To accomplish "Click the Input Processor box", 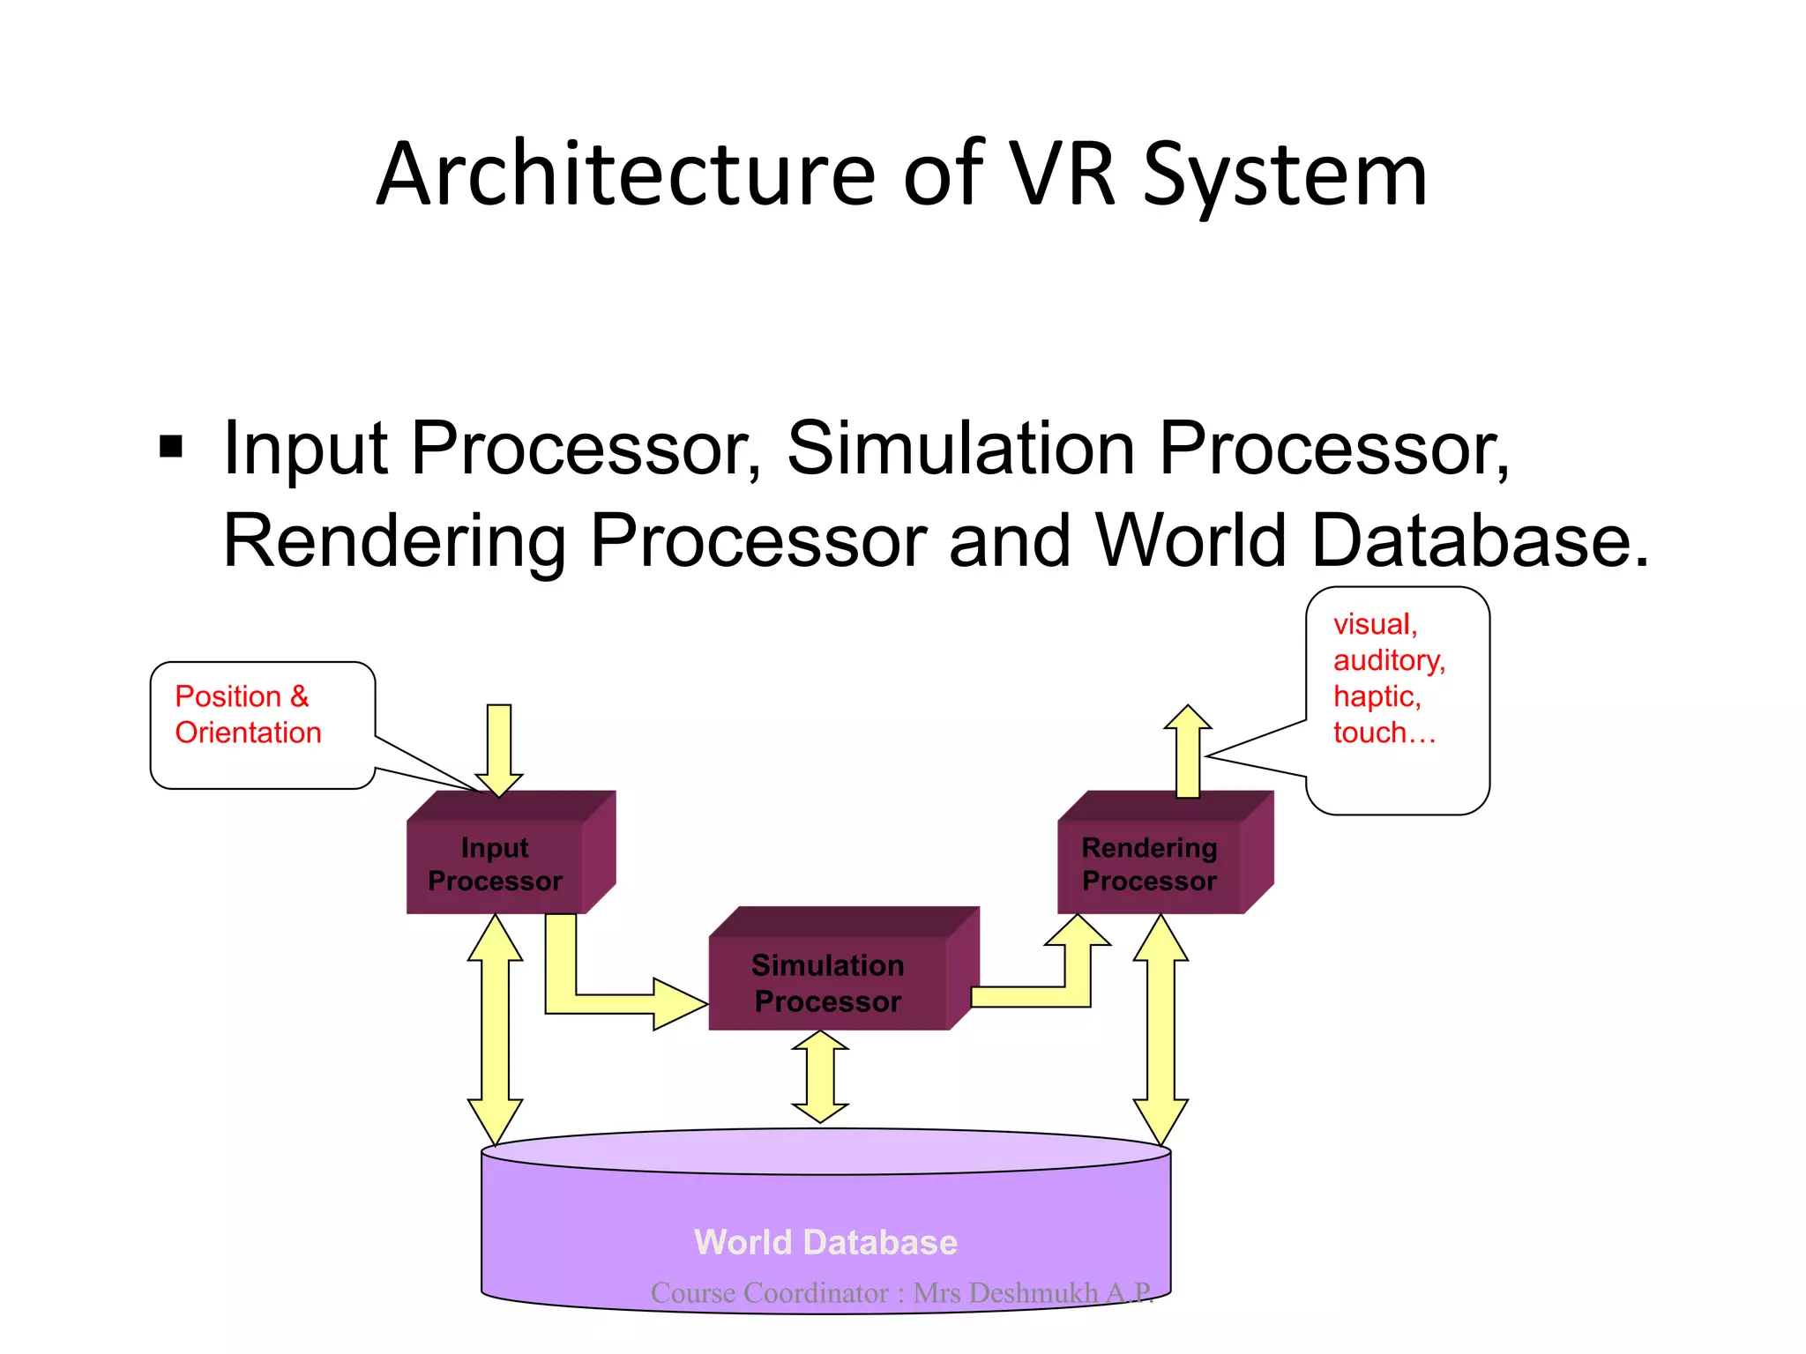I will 496,864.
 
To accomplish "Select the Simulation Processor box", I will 828,983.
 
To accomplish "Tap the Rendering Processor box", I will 1150,864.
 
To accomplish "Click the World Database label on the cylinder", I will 825,1242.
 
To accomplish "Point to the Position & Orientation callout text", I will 248,715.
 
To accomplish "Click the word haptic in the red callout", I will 1377,696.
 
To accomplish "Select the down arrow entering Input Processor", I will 499,749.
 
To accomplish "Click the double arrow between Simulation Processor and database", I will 820,1076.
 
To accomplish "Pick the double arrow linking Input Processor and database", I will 496,1029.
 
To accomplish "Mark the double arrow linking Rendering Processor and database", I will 1160,1029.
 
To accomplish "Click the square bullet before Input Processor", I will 171,447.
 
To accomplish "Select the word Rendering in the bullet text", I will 395,540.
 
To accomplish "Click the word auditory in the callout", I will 1389,660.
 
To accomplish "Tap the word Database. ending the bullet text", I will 1480,540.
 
